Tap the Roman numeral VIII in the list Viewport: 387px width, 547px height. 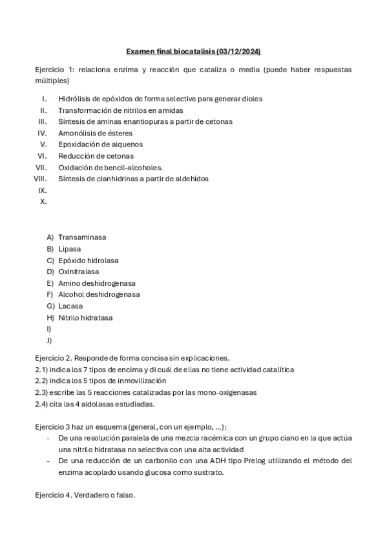pos(41,179)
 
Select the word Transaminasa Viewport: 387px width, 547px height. pos(82,237)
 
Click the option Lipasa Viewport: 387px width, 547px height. pos(70,249)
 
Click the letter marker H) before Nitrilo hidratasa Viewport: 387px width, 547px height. pos(50,318)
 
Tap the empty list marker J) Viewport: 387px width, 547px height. pos(50,341)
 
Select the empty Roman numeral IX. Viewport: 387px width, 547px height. pos(43,190)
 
